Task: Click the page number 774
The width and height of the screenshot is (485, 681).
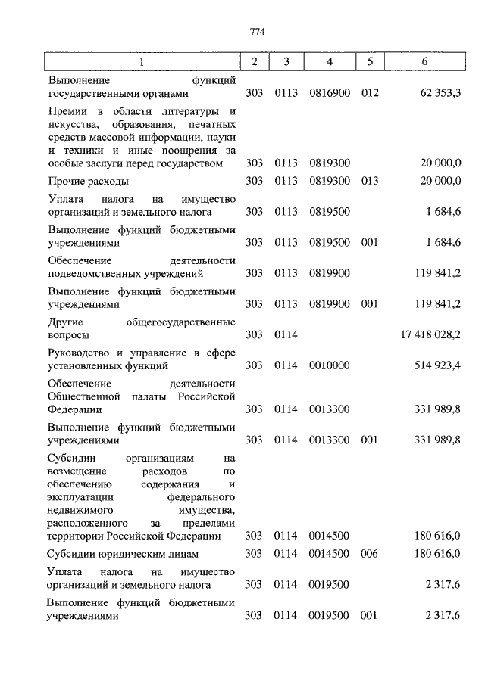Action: pyautogui.click(x=255, y=31)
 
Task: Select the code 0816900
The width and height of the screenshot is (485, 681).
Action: pyautogui.click(x=329, y=93)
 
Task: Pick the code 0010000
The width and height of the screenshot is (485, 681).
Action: pyautogui.click(x=329, y=365)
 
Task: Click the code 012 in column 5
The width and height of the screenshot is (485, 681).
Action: pyautogui.click(x=370, y=93)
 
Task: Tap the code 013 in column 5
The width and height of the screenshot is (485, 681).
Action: pyautogui.click(x=370, y=181)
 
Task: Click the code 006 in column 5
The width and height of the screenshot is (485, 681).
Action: pyautogui.click(x=370, y=554)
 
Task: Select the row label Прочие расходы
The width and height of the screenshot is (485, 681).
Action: pyautogui.click(x=88, y=181)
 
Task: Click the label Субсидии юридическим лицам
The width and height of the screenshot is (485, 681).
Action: pyautogui.click(x=123, y=555)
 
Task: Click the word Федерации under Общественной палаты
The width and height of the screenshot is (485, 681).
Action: pyautogui.click(x=75, y=409)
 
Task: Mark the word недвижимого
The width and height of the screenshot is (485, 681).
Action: pyautogui.click(x=83, y=510)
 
